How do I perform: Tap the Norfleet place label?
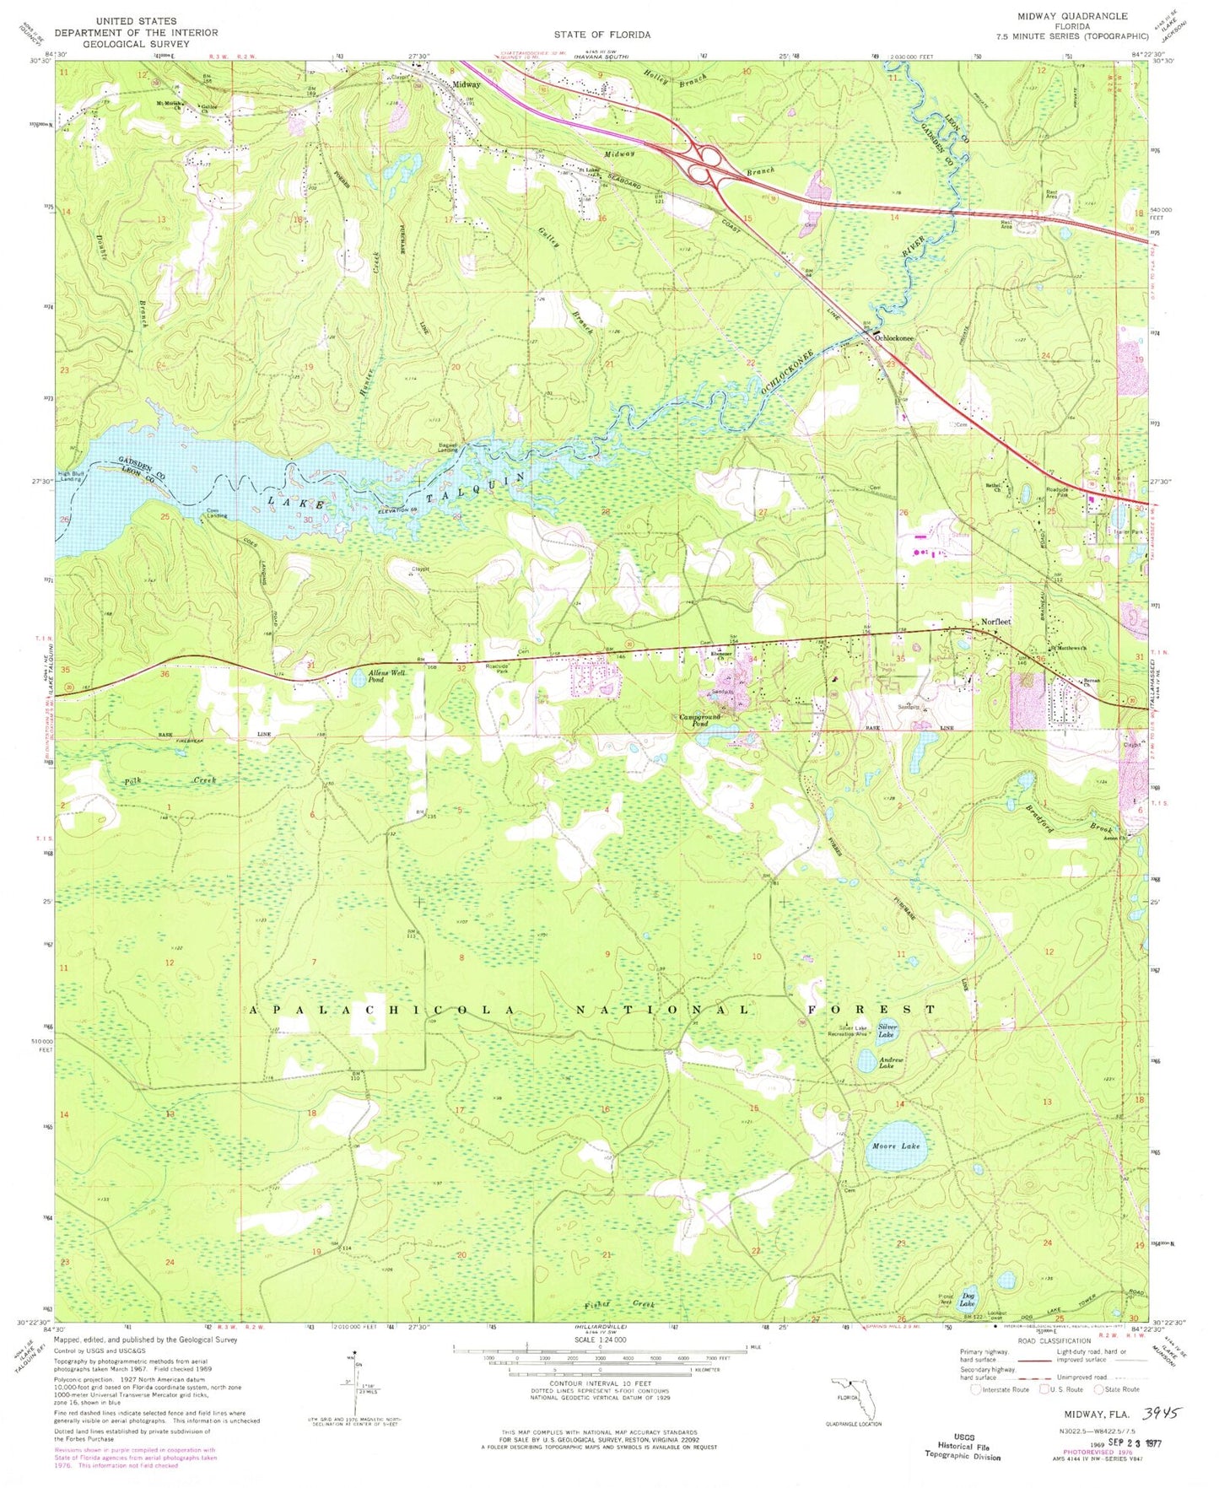(x=995, y=622)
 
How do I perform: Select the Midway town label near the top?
(x=466, y=84)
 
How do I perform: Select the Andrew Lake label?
(x=891, y=1063)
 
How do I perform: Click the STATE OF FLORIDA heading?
(x=601, y=35)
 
